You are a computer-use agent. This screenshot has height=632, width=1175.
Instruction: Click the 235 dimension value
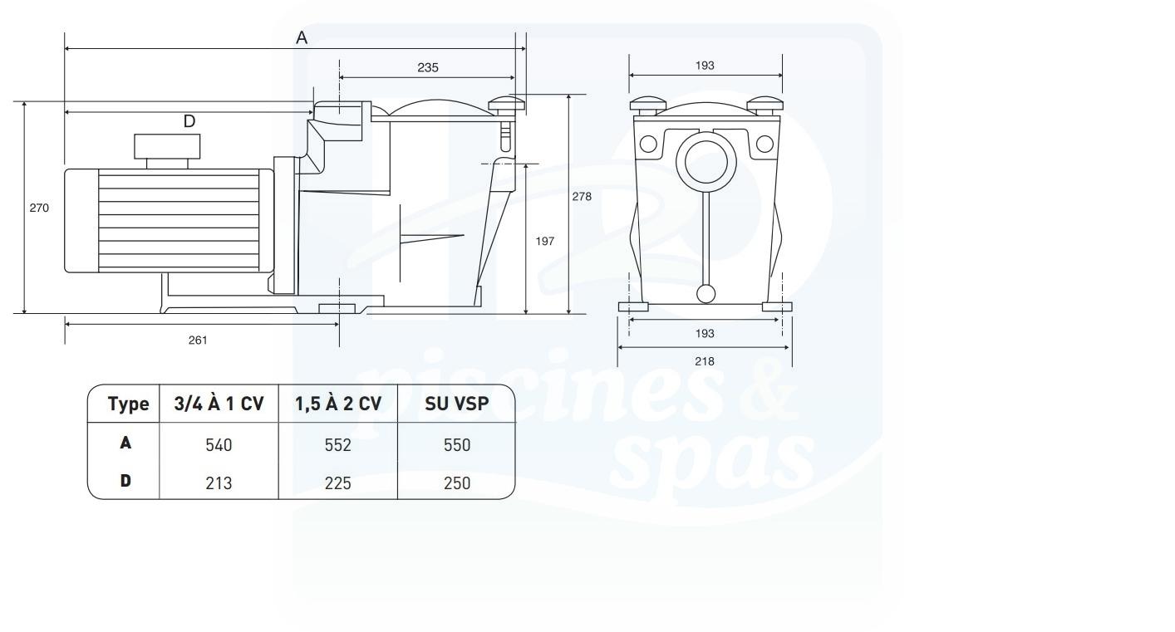[427, 67]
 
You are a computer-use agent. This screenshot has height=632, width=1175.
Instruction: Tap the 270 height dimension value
[39, 208]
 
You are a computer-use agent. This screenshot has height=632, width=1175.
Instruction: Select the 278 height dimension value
[581, 197]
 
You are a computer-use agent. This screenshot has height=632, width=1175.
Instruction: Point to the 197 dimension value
[544, 241]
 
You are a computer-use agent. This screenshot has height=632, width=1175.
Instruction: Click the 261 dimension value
[198, 340]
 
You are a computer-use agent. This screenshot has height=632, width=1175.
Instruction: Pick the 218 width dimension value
[705, 361]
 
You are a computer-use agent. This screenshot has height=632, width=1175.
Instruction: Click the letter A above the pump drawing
[302, 37]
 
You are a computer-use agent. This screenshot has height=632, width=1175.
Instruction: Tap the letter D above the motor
[189, 121]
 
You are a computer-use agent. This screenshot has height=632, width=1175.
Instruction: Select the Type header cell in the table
[129, 404]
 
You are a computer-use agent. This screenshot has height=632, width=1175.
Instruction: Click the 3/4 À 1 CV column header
[219, 404]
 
